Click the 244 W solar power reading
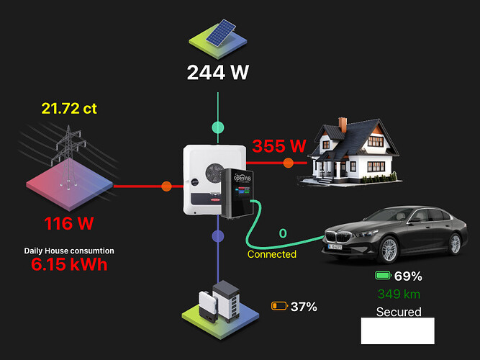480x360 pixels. tap(218, 73)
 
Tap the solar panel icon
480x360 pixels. tap(221, 32)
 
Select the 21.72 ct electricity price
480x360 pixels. tap(69, 109)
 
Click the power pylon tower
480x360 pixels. tap(68, 156)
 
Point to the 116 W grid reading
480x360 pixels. tap(69, 223)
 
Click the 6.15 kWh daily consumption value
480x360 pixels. tap(69, 264)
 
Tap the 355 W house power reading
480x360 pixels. tap(279, 146)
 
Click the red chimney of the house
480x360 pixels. tap(343, 124)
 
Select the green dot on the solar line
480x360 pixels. tap(218, 127)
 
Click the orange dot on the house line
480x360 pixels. tap(289, 163)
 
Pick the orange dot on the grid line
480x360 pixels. tap(166, 186)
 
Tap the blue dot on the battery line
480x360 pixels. tap(218, 236)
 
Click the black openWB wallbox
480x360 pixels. tap(237, 193)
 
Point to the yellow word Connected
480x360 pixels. tap(272, 254)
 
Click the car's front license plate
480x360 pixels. tap(335, 246)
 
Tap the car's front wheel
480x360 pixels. tap(389, 250)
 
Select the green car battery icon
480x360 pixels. tap(384, 276)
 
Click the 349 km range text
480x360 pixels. tap(399, 294)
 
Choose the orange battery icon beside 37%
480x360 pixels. tap(279, 306)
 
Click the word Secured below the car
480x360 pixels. tap(399, 312)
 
